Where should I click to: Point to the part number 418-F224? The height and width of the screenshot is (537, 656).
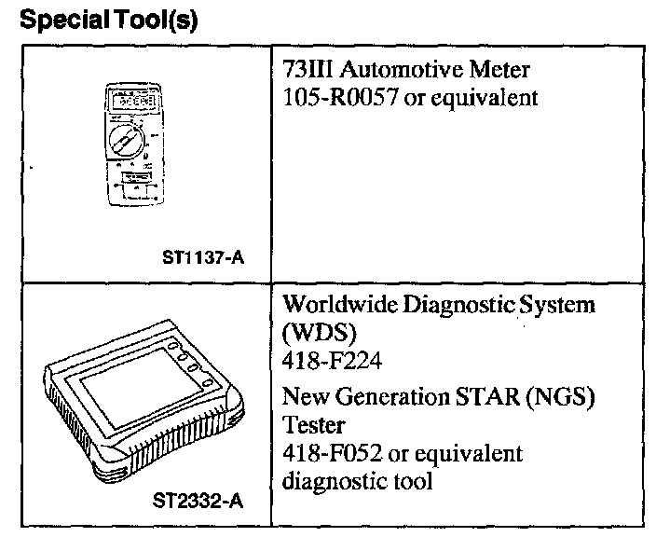(321, 358)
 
